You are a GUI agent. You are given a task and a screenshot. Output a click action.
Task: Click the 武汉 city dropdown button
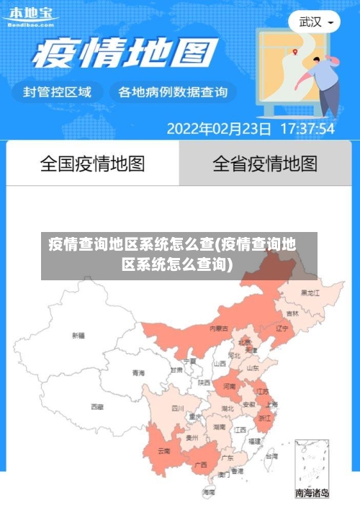(x=315, y=22)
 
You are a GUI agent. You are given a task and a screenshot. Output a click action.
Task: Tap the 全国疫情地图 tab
(x=92, y=164)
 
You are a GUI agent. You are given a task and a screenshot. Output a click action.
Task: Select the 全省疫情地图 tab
(x=264, y=164)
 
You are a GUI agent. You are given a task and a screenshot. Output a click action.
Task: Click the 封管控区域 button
(x=58, y=92)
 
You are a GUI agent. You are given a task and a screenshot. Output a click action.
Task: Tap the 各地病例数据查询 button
(x=172, y=92)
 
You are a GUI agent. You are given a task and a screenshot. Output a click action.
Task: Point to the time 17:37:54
(x=307, y=130)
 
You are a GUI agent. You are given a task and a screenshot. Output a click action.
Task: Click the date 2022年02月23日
(x=219, y=130)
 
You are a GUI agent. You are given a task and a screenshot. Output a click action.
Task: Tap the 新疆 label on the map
(x=78, y=335)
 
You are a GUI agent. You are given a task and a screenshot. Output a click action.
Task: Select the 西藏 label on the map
(x=97, y=407)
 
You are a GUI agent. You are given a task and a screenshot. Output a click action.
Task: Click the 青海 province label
(x=138, y=373)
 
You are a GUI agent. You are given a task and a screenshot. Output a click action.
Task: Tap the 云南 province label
(x=163, y=451)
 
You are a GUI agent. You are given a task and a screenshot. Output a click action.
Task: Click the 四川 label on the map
(x=177, y=408)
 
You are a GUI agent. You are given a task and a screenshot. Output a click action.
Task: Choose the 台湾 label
(x=271, y=456)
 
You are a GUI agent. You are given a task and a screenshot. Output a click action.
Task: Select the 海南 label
(x=209, y=492)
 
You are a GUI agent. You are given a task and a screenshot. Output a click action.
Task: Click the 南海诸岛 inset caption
(x=312, y=494)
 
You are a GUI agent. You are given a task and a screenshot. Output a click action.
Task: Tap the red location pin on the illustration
(x=295, y=51)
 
